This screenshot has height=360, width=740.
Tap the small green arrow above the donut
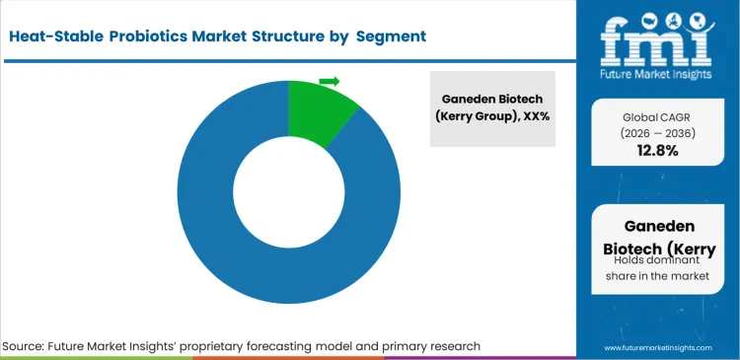330,81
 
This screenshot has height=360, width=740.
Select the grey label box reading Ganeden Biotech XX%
491,108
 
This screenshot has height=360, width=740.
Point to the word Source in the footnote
28,346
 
